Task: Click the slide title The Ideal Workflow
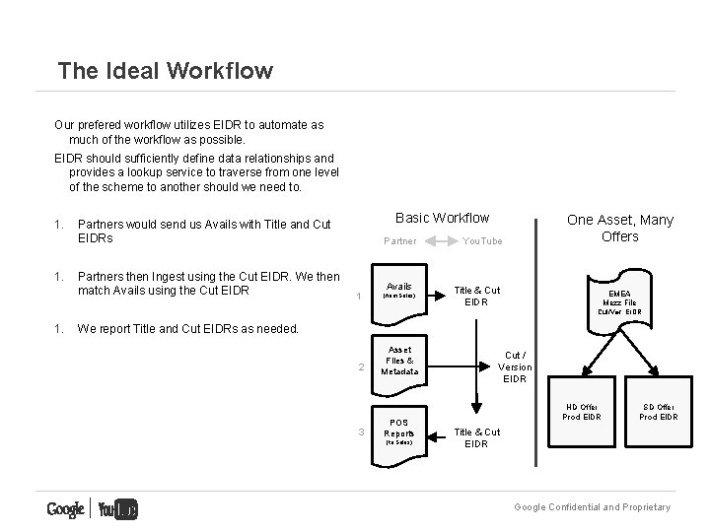point(165,71)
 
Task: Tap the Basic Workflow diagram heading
point(442,218)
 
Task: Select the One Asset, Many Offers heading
point(619,228)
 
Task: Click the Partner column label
point(399,241)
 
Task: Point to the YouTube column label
point(482,241)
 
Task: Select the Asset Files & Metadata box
point(399,362)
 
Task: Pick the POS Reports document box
point(399,429)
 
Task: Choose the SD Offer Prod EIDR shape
point(658,412)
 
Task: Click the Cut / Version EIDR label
point(515,366)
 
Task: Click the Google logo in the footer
point(65,509)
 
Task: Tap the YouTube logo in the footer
point(117,509)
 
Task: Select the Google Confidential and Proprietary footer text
point(592,507)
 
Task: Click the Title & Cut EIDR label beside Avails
point(476,296)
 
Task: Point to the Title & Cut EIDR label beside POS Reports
point(476,437)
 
